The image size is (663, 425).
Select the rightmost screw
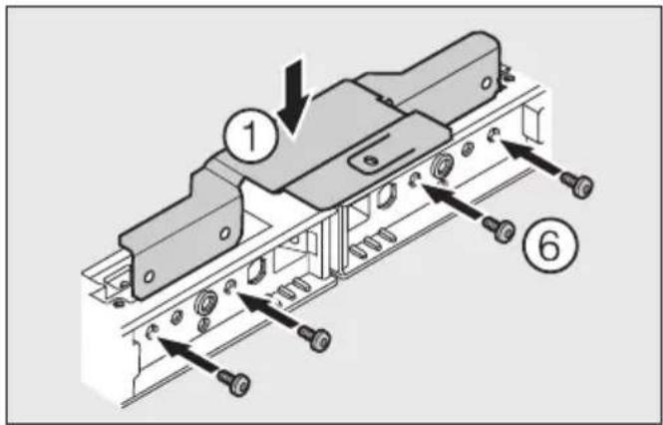click(x=576, y=183)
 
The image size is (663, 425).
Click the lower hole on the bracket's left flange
click(x=149, y=275)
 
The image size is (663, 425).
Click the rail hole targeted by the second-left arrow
click(x=231, y=287)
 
